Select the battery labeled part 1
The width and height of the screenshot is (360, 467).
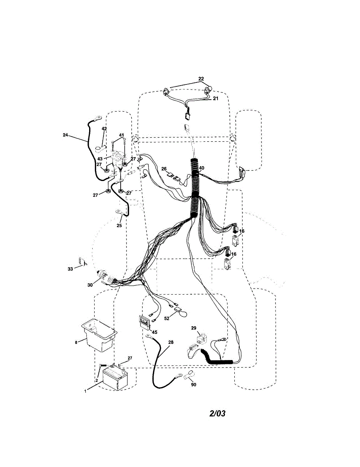(115, 379)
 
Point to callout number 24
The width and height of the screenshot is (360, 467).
(65, 135)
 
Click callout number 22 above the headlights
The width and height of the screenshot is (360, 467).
(201, 79)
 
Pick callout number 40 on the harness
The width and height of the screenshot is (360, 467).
(201, 169)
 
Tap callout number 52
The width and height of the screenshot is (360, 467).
(167, 318)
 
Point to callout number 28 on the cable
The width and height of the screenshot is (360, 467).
(171, 342)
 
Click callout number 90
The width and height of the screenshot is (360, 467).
(193, 384)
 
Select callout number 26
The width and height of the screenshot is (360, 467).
(164, 169)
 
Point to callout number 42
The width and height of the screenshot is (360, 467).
(104, 128)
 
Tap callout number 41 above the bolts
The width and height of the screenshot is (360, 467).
(121, 135)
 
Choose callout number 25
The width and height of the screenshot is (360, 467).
(119, 225)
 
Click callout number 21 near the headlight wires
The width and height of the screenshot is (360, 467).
(216, 98)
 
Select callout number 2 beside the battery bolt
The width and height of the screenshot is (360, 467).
(97, 380)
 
